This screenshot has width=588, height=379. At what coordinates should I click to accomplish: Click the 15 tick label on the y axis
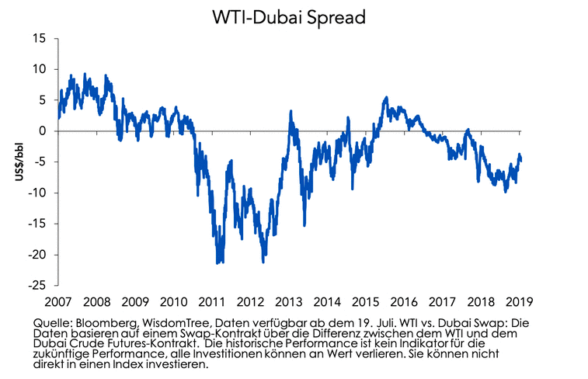[x=38, y=39]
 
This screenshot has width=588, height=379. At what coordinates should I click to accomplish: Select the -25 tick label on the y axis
[x=36, y=285]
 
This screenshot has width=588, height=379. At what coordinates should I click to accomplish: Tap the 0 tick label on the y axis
[x=42, y=131]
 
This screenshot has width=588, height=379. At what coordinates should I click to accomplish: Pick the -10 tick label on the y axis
[x=36, y=193]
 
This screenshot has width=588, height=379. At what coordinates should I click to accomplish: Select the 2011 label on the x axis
[x=214, y=301]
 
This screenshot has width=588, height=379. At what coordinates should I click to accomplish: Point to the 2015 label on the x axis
[x=366, y=301]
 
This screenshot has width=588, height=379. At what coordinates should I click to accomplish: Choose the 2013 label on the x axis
[x=290, y=301]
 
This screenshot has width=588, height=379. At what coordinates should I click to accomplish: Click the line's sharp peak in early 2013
[x=291, y=111]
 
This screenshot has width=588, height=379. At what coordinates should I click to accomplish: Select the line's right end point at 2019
[x=520, y=160]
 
